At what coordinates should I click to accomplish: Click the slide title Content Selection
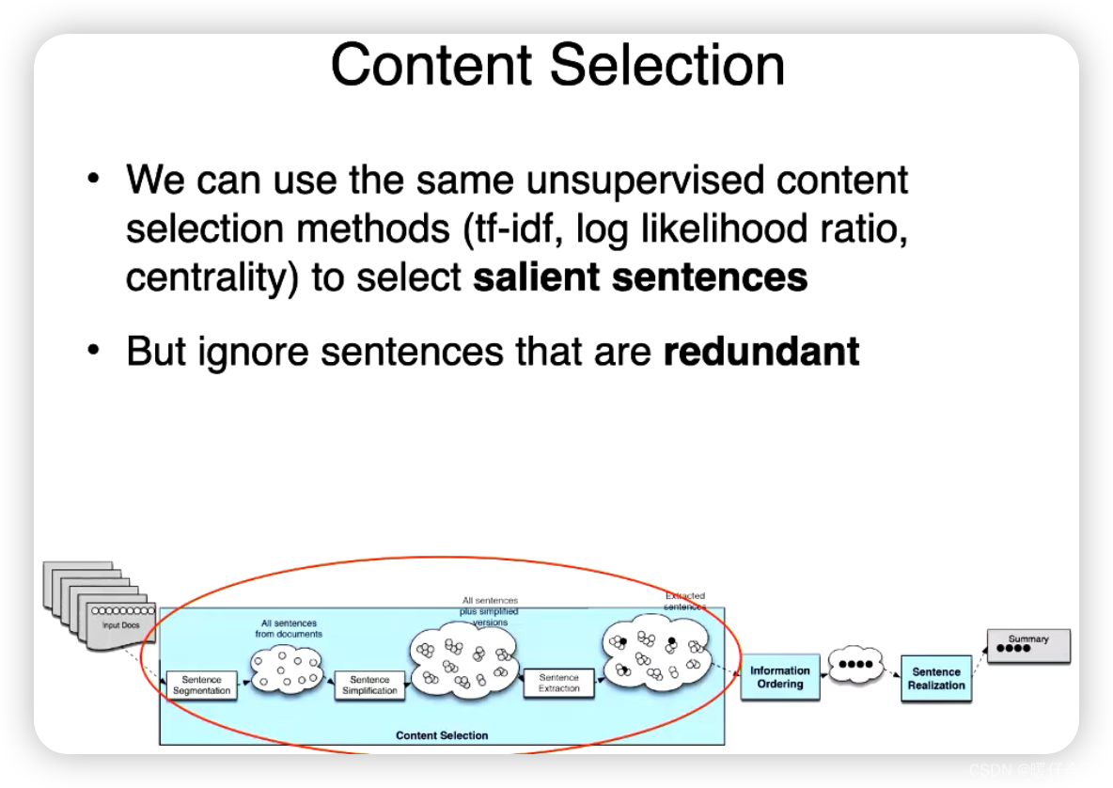tap(557, 65)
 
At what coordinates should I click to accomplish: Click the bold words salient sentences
tap(640, 277)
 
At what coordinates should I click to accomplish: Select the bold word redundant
tap(761, 351)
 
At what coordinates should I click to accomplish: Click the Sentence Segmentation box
tap(201, 685)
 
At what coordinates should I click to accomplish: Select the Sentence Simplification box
tap(369, 685)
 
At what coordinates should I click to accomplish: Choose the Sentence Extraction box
tap(559, 683)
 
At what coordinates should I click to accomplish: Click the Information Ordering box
tap(779, 677)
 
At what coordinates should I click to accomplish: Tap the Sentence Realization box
tap(935, 678)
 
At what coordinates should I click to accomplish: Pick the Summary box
tap(1028, 644)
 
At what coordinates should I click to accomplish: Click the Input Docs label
tap(120, 624)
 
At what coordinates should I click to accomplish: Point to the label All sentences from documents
tap(289, 628)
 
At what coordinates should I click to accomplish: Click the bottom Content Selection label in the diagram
tap(442, 735)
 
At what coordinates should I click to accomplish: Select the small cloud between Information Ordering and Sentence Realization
tap(856, 664)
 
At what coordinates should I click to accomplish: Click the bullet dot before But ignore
tap(93, 350)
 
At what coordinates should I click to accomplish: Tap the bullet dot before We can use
tap(93, 179)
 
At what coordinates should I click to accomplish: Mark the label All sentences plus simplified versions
tap(490, 611)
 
